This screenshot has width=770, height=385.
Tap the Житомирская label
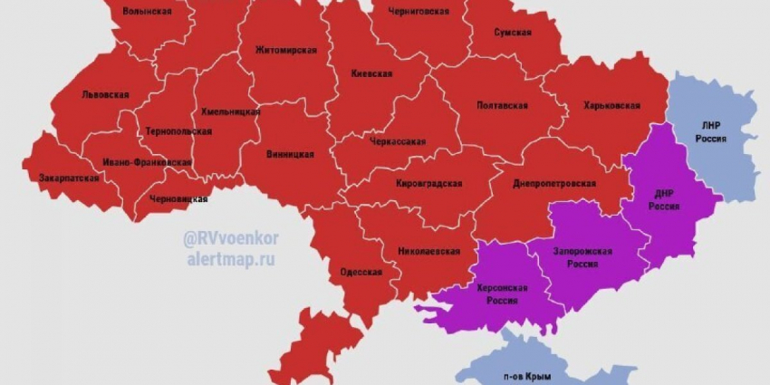[285, 50]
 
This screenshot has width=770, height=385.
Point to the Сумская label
[512, 32]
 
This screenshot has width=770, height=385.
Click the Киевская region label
[371, 73]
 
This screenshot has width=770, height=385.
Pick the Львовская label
[105, 94]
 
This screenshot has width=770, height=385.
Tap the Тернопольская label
[178, 131]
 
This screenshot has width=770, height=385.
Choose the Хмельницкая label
[230, 112]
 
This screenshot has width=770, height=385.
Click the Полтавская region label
[502, 105]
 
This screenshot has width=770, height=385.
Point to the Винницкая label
[290, 154]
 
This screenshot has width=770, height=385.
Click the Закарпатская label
[69, 178]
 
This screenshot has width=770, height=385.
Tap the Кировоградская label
[428, 184]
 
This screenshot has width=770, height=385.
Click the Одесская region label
[361, 273]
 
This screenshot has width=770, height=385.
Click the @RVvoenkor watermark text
[231, 239]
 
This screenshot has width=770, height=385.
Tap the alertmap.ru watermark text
[230, 259]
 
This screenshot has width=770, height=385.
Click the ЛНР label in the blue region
[711, 126]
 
